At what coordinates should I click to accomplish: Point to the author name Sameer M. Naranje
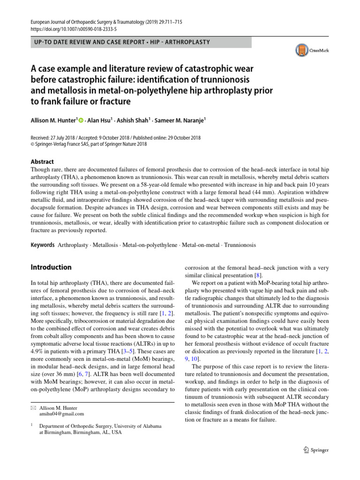(180, 120)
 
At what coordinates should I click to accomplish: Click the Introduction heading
(51, 267)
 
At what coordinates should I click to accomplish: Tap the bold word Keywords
(42, 245)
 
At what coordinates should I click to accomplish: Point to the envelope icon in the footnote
(33, 408)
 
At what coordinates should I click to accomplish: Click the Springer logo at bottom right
(316, 450)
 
